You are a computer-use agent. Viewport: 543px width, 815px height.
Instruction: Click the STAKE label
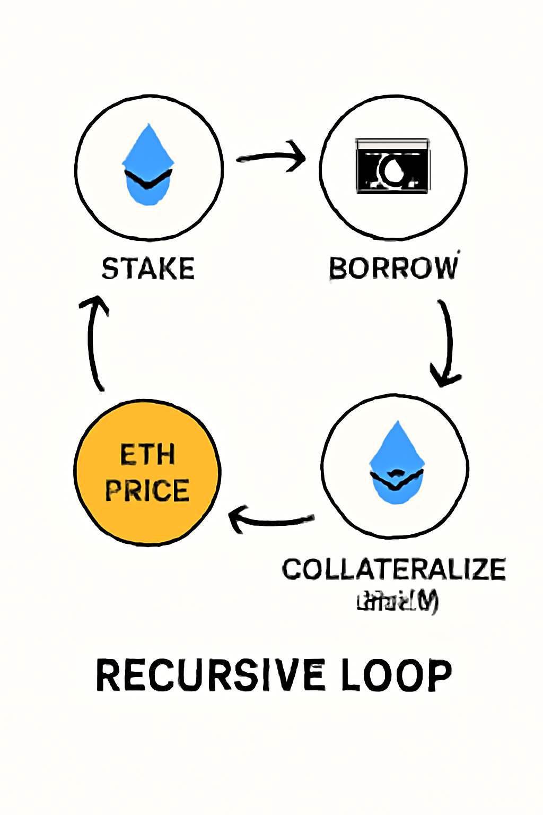click(x=148, y=268)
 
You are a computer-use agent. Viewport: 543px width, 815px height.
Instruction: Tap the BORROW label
click(x=393, y=268)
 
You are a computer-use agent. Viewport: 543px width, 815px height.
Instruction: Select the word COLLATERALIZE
click(x=393, y=570)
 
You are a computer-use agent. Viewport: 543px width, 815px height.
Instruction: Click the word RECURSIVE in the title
click(x=210, y=675)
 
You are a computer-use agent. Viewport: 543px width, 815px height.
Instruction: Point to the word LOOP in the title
click(x=396, y=675)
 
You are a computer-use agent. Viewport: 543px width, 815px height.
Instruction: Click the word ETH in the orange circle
click(x=147, y=455)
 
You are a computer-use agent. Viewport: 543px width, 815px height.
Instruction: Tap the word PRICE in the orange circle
click(x=147, y=490)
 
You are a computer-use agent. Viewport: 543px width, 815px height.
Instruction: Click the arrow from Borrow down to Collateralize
click(x=447, y=342)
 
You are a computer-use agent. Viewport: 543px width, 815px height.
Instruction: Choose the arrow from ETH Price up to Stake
click(x=94, y=342)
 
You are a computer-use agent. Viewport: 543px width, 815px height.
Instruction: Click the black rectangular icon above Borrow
click(x=392, y=166)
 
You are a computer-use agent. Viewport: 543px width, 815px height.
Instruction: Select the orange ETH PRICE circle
click(x=147, y=472)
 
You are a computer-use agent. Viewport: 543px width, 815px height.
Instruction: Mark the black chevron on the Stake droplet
click(x=148, y=179)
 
